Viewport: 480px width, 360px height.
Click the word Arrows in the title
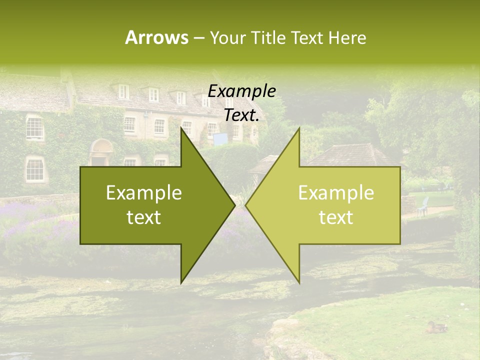point(156,37)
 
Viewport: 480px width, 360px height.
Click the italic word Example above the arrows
point(241,91)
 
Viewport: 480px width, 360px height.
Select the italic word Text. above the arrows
point(241,115)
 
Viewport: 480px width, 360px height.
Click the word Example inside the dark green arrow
point(144,193)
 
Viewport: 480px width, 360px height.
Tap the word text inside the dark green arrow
point(144,217)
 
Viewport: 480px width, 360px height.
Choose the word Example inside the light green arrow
point(336,193)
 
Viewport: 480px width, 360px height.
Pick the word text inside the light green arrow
point(336,217)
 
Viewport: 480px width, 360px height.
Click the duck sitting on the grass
point(436,327)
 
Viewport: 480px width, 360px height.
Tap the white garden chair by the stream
point(423,206)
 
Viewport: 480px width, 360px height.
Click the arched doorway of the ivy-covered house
point(101,152)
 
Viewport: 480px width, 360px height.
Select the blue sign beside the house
point(219,139)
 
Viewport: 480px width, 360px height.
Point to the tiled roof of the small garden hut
point(350,154)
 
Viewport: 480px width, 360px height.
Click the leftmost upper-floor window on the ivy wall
point(34,128)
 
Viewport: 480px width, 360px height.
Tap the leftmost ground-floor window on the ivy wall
point(34,169)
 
